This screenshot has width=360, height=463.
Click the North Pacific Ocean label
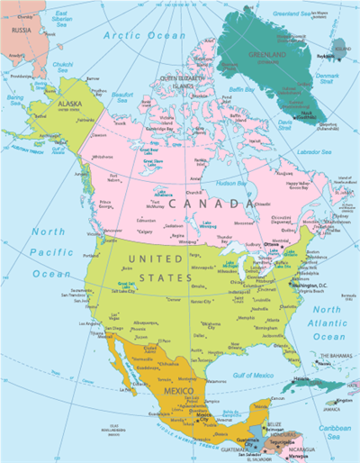click(49, 252)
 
